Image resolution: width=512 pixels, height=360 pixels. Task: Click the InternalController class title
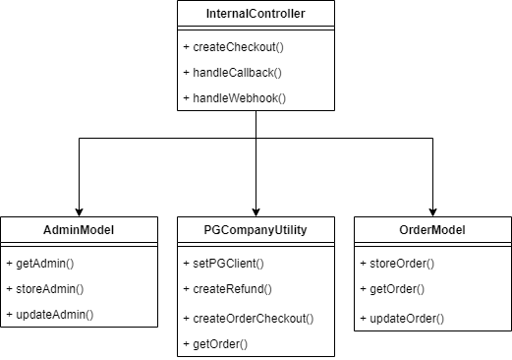256,15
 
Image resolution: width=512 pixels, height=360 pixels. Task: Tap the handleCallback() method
228,73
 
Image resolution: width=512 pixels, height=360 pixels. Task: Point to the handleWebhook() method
228,98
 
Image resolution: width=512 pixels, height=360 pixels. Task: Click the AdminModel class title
79,229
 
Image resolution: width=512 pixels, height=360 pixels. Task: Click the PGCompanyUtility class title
256,229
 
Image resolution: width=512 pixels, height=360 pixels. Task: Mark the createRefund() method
225,291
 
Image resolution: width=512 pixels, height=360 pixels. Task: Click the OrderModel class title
432,229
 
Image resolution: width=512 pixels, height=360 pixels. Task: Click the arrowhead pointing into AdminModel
79,210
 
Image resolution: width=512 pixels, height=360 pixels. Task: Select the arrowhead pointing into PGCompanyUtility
256,210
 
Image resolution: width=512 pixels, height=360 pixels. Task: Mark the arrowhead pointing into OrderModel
432,210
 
